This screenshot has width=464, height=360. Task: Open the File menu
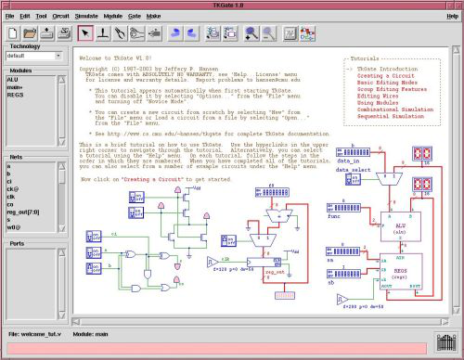tap(10, 17)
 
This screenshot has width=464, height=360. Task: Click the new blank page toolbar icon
tap(13, 34)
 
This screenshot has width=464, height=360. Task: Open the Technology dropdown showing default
tap(33, 55)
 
